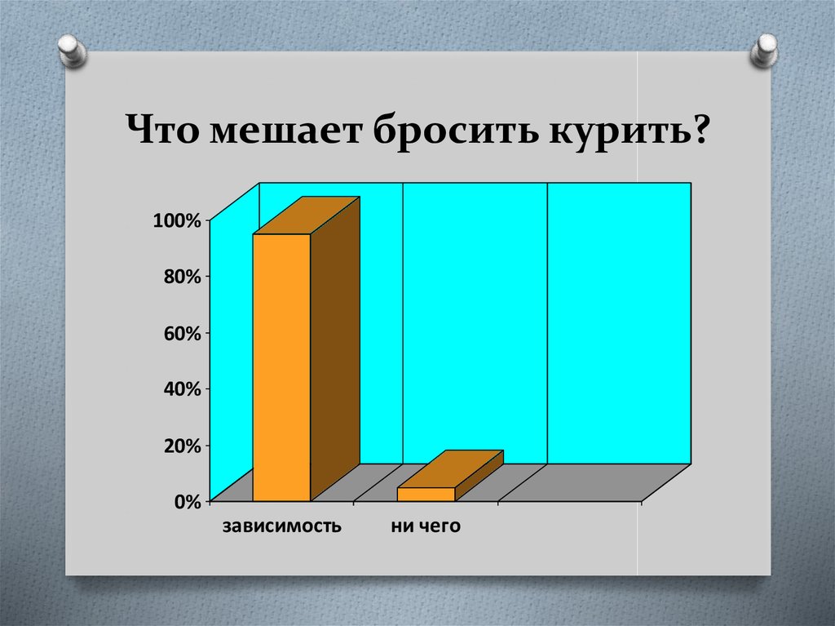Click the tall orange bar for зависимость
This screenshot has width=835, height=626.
pyautogui.click(x=281, y=367)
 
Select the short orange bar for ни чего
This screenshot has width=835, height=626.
pyautogui.click(x=425, y=494)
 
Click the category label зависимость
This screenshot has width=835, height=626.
pyautogui.click(x=281, y=527)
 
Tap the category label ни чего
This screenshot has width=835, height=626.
pyautogui.click(x=425, y=527)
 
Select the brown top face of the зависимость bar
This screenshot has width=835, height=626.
pyautogui.click(x=307, y=215)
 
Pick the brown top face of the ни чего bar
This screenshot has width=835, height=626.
pyautogui.click(x=450, y=468)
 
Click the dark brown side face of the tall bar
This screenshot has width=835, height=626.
pyautogui.click(x=334, y=351)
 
